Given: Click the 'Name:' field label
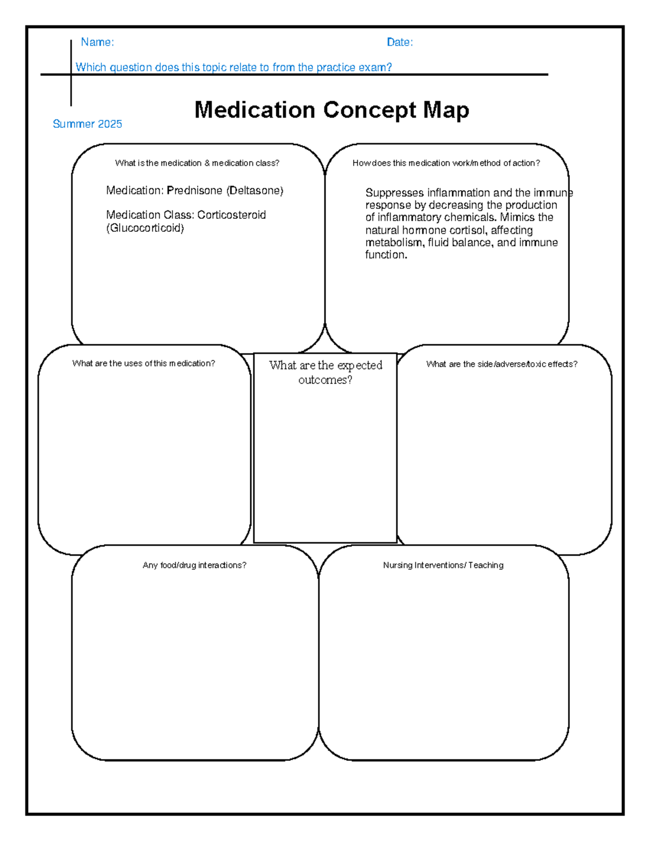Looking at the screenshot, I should coord(97,42).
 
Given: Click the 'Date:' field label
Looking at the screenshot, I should coord(400,42).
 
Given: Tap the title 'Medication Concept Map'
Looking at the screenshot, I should coord(331,110).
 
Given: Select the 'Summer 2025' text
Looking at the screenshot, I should coord(87,124).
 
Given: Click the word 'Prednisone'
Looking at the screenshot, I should coord(194,191).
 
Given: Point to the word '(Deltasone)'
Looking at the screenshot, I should coord(255,191).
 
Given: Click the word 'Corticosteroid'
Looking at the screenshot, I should coord(231,215).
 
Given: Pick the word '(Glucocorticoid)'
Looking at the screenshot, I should coord(145,228).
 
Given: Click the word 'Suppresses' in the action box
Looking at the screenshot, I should coord(394,193).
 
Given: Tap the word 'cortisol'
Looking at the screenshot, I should coord(469,230).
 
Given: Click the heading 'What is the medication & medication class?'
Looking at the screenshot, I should coord(197,163).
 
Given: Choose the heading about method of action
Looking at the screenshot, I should coord(446,163).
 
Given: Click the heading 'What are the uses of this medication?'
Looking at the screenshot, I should coord(144,363).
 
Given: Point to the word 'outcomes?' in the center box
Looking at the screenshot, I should coord(325,380).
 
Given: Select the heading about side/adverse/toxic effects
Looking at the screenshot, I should coord(502,364).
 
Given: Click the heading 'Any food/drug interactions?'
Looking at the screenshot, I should coord(194,565).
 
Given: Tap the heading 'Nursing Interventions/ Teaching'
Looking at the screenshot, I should coord(443,565).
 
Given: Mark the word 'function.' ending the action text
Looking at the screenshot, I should coord(386,255).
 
